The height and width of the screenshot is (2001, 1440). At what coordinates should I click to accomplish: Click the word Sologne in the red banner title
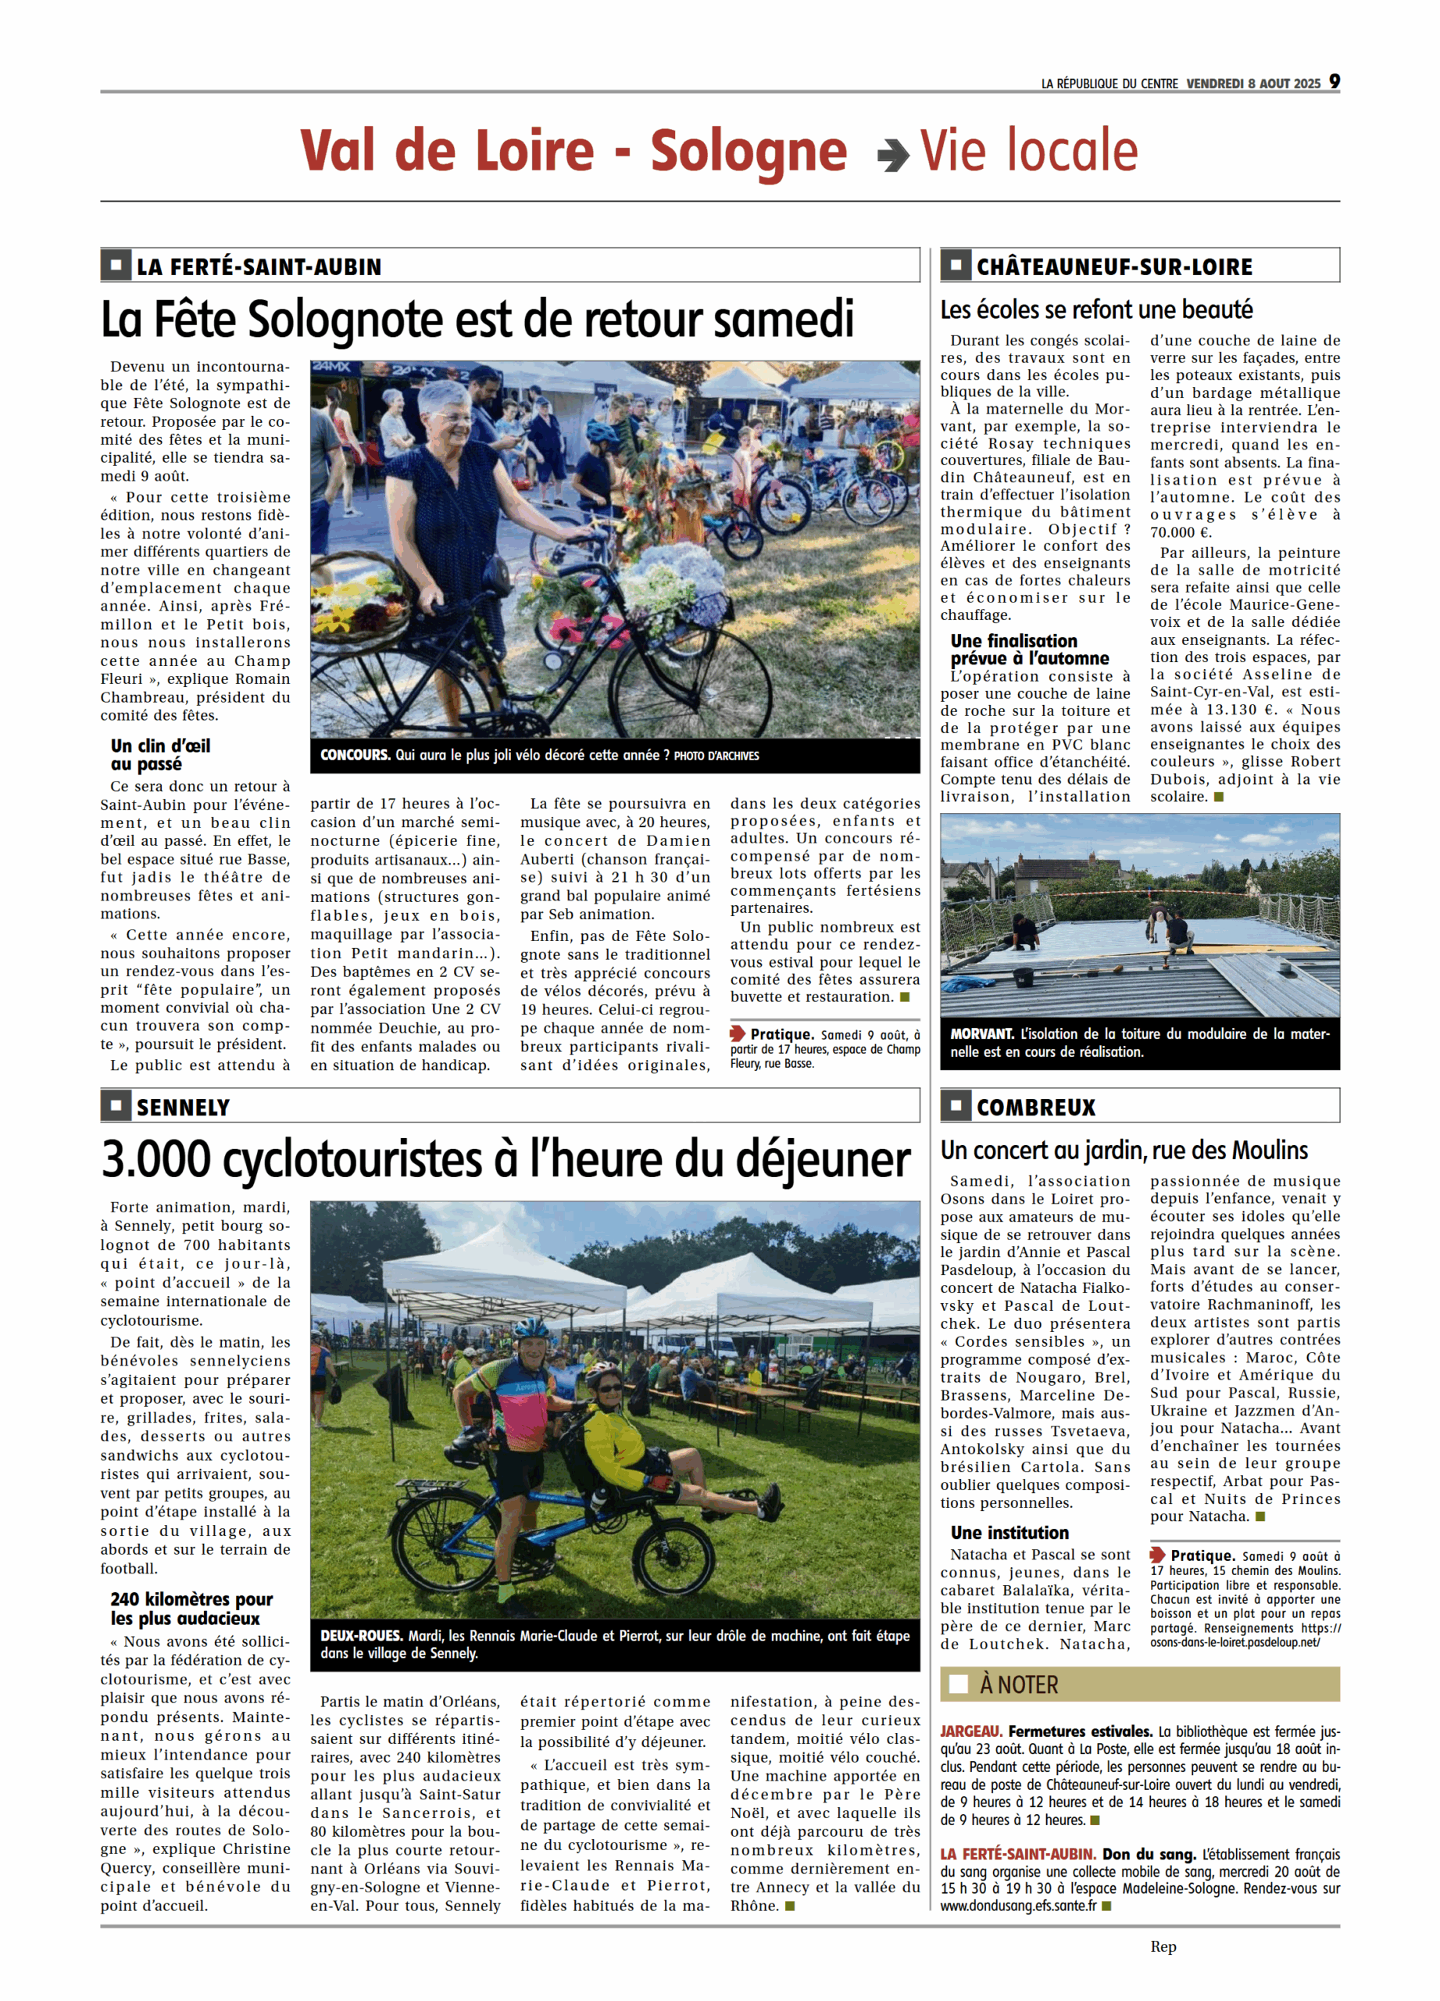[x=748, y=151]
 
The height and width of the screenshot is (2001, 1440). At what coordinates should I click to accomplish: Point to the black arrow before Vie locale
[x=893, y=156]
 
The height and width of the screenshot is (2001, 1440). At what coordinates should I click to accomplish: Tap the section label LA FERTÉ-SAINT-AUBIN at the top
[x=259, y=267]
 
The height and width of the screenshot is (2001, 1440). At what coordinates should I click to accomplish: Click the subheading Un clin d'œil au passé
[x=160, y=754]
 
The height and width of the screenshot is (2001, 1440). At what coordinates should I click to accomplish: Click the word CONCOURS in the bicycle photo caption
[x=355, y=755]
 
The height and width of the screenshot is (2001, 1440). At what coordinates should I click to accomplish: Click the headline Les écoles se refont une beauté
[x=1095, y=310]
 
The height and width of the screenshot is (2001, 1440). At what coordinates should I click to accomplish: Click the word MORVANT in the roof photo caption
[x=981, y=1033]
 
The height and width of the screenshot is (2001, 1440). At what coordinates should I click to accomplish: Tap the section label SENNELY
[x=183, y=1108]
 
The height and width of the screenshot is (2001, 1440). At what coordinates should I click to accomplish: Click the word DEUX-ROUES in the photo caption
[x=361, y=1636]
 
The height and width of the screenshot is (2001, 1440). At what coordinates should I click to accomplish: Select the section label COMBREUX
[x=1035, y=1108]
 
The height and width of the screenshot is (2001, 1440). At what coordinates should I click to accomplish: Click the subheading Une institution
[x=1009, y=1533]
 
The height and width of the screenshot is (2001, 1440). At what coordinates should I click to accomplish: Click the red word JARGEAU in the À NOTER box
[x=970, y=1732]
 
